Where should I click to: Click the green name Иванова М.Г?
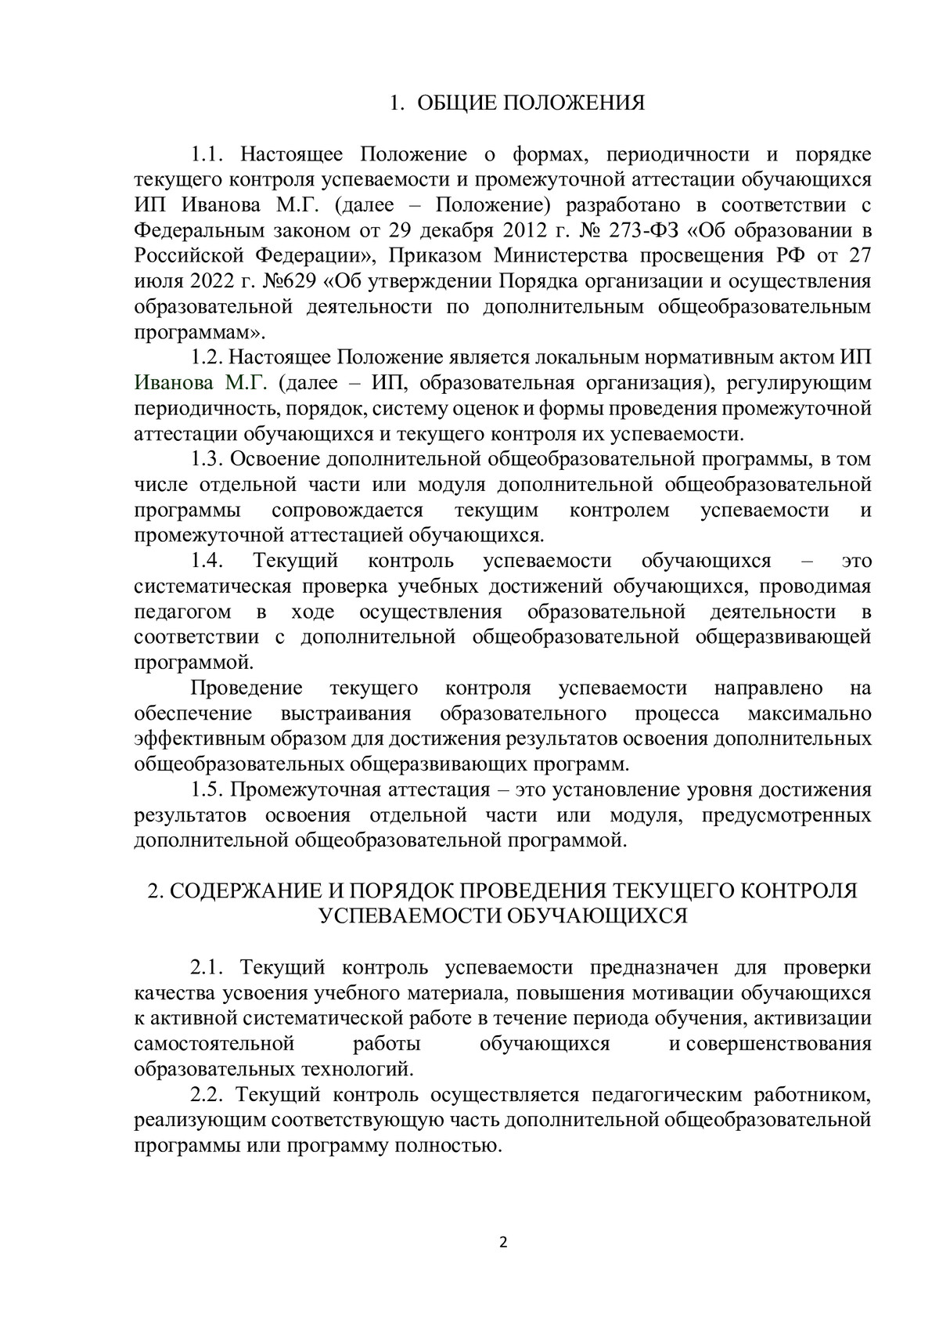201,383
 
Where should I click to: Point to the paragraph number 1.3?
210,460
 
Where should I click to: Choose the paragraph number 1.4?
210,562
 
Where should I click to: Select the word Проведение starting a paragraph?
246,688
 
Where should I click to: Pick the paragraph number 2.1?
210,968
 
